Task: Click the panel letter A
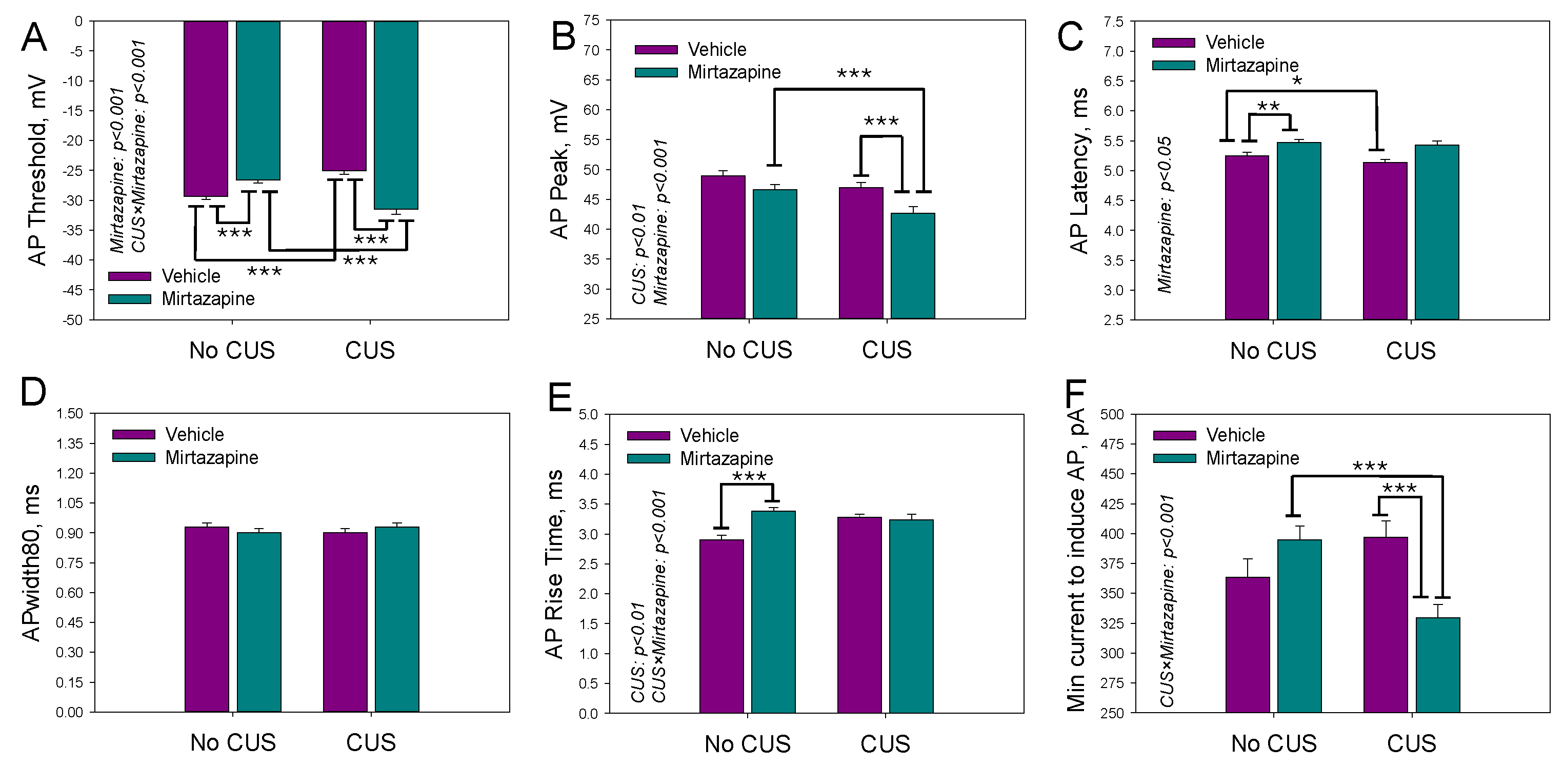click(33, 37)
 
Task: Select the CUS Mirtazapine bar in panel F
click(1437, 665)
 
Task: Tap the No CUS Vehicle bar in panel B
click(723, 247)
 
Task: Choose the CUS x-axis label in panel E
click(885, 744)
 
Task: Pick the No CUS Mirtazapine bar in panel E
click(773, 612)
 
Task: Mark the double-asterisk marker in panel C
click(1268, 107)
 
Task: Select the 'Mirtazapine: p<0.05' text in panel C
click(1164, 215)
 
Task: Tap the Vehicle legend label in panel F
click(1235, 435)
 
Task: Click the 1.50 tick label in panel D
click(69, 414)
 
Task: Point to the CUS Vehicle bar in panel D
click(345, 622)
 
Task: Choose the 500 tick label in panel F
click(1112, 414)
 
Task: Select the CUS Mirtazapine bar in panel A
click(395, 115)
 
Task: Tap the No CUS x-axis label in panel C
click(1273, 351)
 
